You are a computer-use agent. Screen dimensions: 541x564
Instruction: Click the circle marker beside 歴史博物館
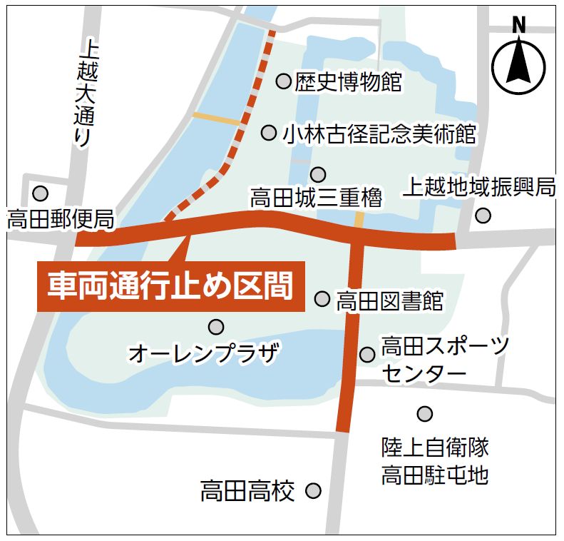284,81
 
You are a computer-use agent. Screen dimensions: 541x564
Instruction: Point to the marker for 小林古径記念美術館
269,132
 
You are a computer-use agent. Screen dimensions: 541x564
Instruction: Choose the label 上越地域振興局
479,187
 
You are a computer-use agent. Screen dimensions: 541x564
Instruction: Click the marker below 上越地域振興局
483,215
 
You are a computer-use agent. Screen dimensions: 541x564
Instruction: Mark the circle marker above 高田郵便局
41,193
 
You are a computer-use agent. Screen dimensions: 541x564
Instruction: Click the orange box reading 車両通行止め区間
171,286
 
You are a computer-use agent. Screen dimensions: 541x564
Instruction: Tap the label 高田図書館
389,300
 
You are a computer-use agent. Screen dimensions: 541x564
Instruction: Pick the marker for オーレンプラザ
216,327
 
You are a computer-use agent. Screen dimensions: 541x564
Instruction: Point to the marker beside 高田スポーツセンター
367,354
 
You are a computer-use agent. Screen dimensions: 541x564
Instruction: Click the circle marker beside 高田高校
313,491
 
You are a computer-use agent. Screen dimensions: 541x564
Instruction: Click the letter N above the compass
519,25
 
